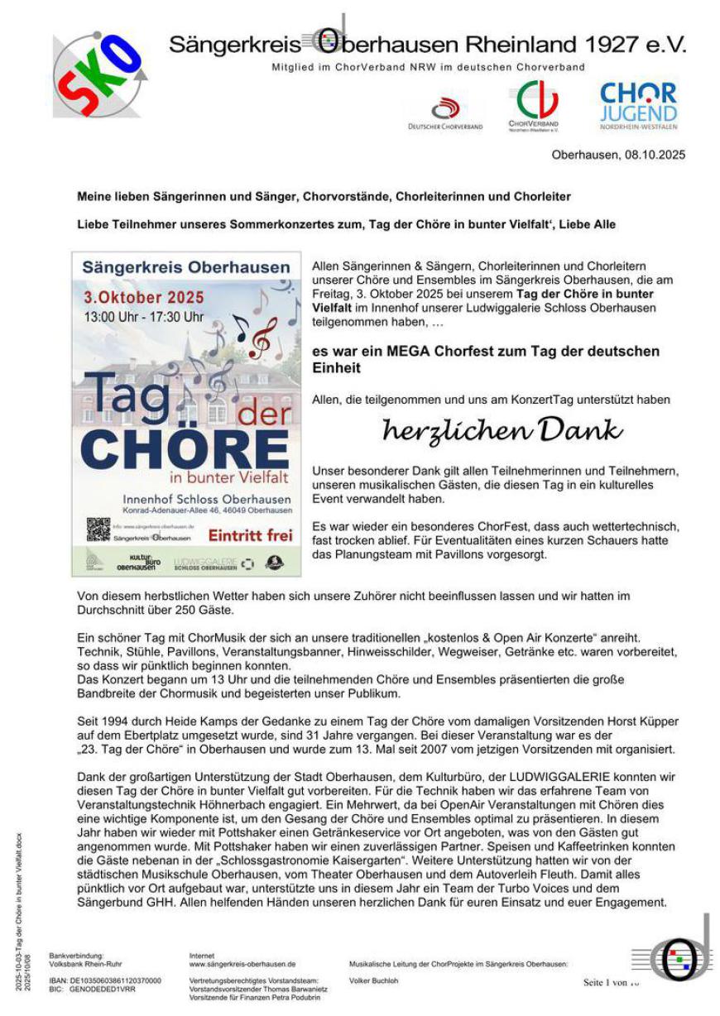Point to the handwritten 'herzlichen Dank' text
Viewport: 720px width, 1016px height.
(502, 430)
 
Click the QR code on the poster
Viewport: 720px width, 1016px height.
(98, 529)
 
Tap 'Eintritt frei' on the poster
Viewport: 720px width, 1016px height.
(251, 535)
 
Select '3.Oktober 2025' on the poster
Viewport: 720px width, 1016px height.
(144, 298)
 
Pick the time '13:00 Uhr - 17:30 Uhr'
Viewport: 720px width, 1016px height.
(143, 317)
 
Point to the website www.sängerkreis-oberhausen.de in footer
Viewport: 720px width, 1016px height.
(242, 964)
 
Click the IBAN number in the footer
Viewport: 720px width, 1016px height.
(115, 981)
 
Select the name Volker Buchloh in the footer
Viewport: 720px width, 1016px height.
(373, 981)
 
